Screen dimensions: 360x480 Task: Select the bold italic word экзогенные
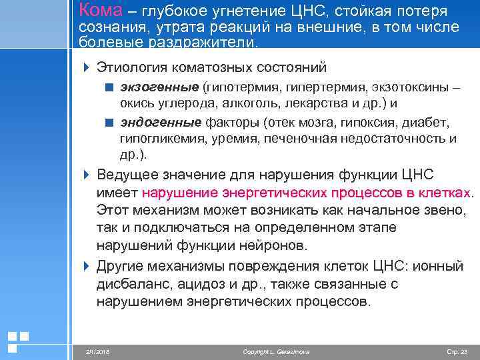coord(159,88)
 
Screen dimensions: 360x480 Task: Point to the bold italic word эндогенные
coord(161,123)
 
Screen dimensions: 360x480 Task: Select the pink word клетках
coord(445,193)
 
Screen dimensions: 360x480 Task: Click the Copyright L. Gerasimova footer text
coord(276,351)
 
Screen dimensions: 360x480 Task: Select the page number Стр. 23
coord(457,351)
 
